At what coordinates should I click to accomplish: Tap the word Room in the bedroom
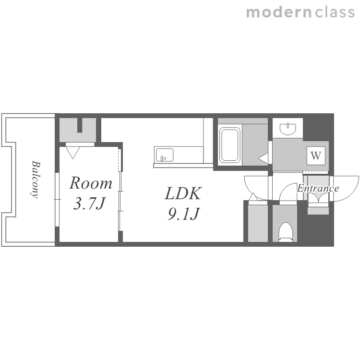[x=91, y=183]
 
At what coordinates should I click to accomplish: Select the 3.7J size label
[x=89, y=204]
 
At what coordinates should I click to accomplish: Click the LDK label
[x=183, y=193]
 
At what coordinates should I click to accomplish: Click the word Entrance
[x=318, y=189]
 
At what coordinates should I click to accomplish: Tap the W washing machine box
[x=316, y=156]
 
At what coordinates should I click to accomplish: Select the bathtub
[x=230, y=145]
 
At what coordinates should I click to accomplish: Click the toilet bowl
[x=286, y=232]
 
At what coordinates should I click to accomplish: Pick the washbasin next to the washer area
[x=288, y=129]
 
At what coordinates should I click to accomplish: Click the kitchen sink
[x=165, y=155]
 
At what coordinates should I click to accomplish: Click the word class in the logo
[x=335, y=12]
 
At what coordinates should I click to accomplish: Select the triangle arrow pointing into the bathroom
[x=263, y=158]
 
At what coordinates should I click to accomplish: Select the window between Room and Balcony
[x=57, y=200]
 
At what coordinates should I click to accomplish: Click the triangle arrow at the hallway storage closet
[x=253, y=197]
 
